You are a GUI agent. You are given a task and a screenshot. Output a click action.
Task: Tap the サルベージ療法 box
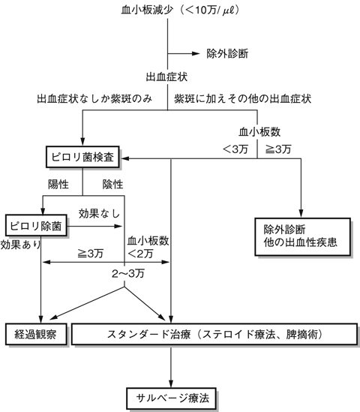click(172, 395)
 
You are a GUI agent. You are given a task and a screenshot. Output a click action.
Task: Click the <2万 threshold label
click(145, 254)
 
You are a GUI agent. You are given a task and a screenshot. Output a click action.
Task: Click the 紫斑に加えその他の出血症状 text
click(242, 98)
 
